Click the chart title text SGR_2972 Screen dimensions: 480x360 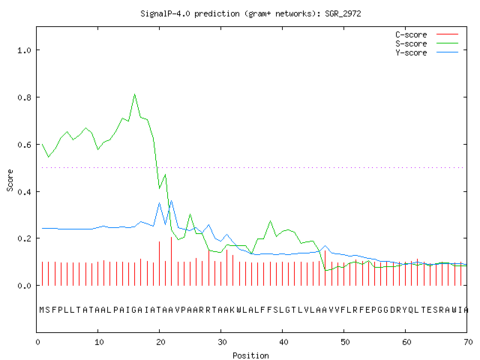(x=343, y=13)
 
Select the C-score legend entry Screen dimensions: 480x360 (x=427, y=34)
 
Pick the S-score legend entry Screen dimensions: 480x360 (x=427, y=43)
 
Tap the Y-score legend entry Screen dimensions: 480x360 (x=427, y=52)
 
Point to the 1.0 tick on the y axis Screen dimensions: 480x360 (x=25, y=50)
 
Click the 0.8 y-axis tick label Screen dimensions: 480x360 (x=25, y=97)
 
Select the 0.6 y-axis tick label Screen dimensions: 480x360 (x=25, y=145)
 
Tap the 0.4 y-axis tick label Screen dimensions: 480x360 (x=25, y=192)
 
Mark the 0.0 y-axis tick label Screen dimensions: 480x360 (x=25, y=286)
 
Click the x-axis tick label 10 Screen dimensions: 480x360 (x=99, y=342)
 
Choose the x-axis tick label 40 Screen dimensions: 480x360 (x=283, y=342)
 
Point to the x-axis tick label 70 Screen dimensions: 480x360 (x=468, y=342)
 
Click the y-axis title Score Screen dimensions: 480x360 (x=10, y=180)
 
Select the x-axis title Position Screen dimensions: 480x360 (x=250, y=355)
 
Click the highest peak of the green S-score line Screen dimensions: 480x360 (x=135, y=94)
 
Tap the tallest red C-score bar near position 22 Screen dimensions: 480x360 (x=172, y=261)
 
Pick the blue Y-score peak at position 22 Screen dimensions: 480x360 (x=172, y=200)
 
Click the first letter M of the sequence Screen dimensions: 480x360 (x=42, y=310)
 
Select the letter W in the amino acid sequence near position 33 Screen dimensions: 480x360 (x=239, y=310)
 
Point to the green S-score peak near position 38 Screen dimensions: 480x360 (x=270, y=220)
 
